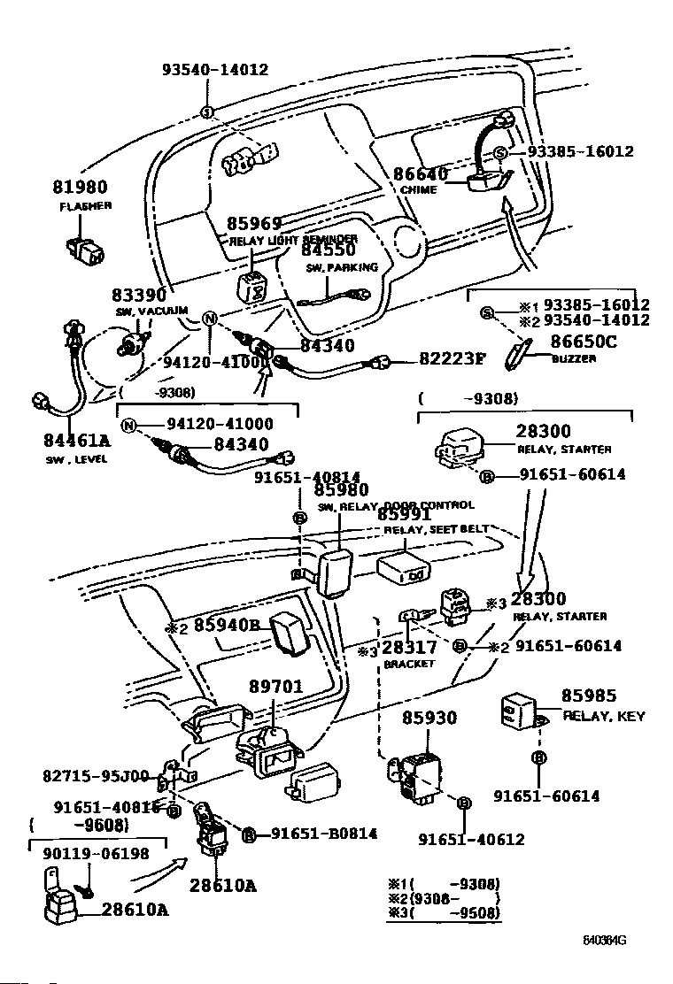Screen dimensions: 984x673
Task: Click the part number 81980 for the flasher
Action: click(79, 188)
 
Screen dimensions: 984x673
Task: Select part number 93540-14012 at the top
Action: click(214, 70)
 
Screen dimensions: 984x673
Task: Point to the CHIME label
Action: click(419, 189)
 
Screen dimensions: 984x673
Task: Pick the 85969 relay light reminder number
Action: click(254, 224)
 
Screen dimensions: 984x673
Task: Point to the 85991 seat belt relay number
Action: click(405, 514)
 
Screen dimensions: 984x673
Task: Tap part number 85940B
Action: click(226, 626)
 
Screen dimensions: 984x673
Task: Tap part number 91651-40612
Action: click(471, 840)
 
